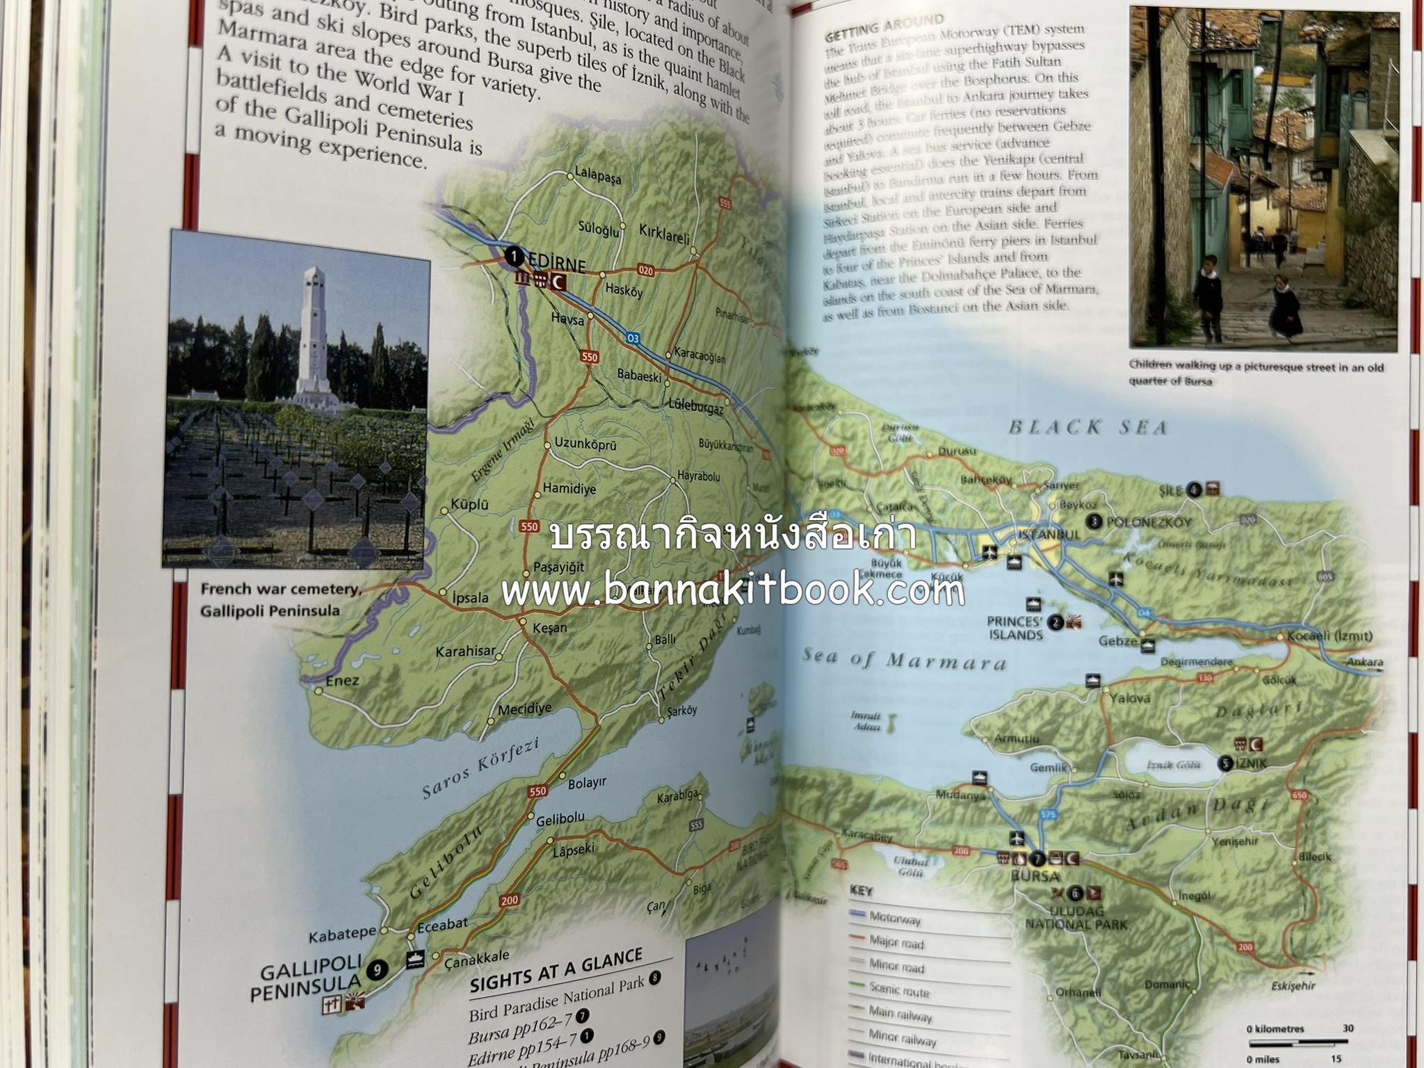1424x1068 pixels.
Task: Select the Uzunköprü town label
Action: pos(585,444)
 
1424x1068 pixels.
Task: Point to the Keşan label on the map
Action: pos(549,627)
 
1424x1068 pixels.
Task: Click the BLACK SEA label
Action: pos(1088,427)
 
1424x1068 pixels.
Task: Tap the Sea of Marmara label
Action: pos(904,658)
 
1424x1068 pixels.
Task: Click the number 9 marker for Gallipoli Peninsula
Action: pos(377,969)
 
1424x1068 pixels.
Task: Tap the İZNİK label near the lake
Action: pos(1251,763)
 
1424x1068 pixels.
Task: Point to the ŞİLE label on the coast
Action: pos(1170,490)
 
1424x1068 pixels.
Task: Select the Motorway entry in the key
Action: pos(895,918)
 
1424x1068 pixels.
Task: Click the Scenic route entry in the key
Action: pos(898,989)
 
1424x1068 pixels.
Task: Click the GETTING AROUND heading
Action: pos(884,26)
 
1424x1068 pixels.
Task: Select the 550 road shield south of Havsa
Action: pos(589,357)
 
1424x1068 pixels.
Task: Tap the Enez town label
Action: pos(342,680)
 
